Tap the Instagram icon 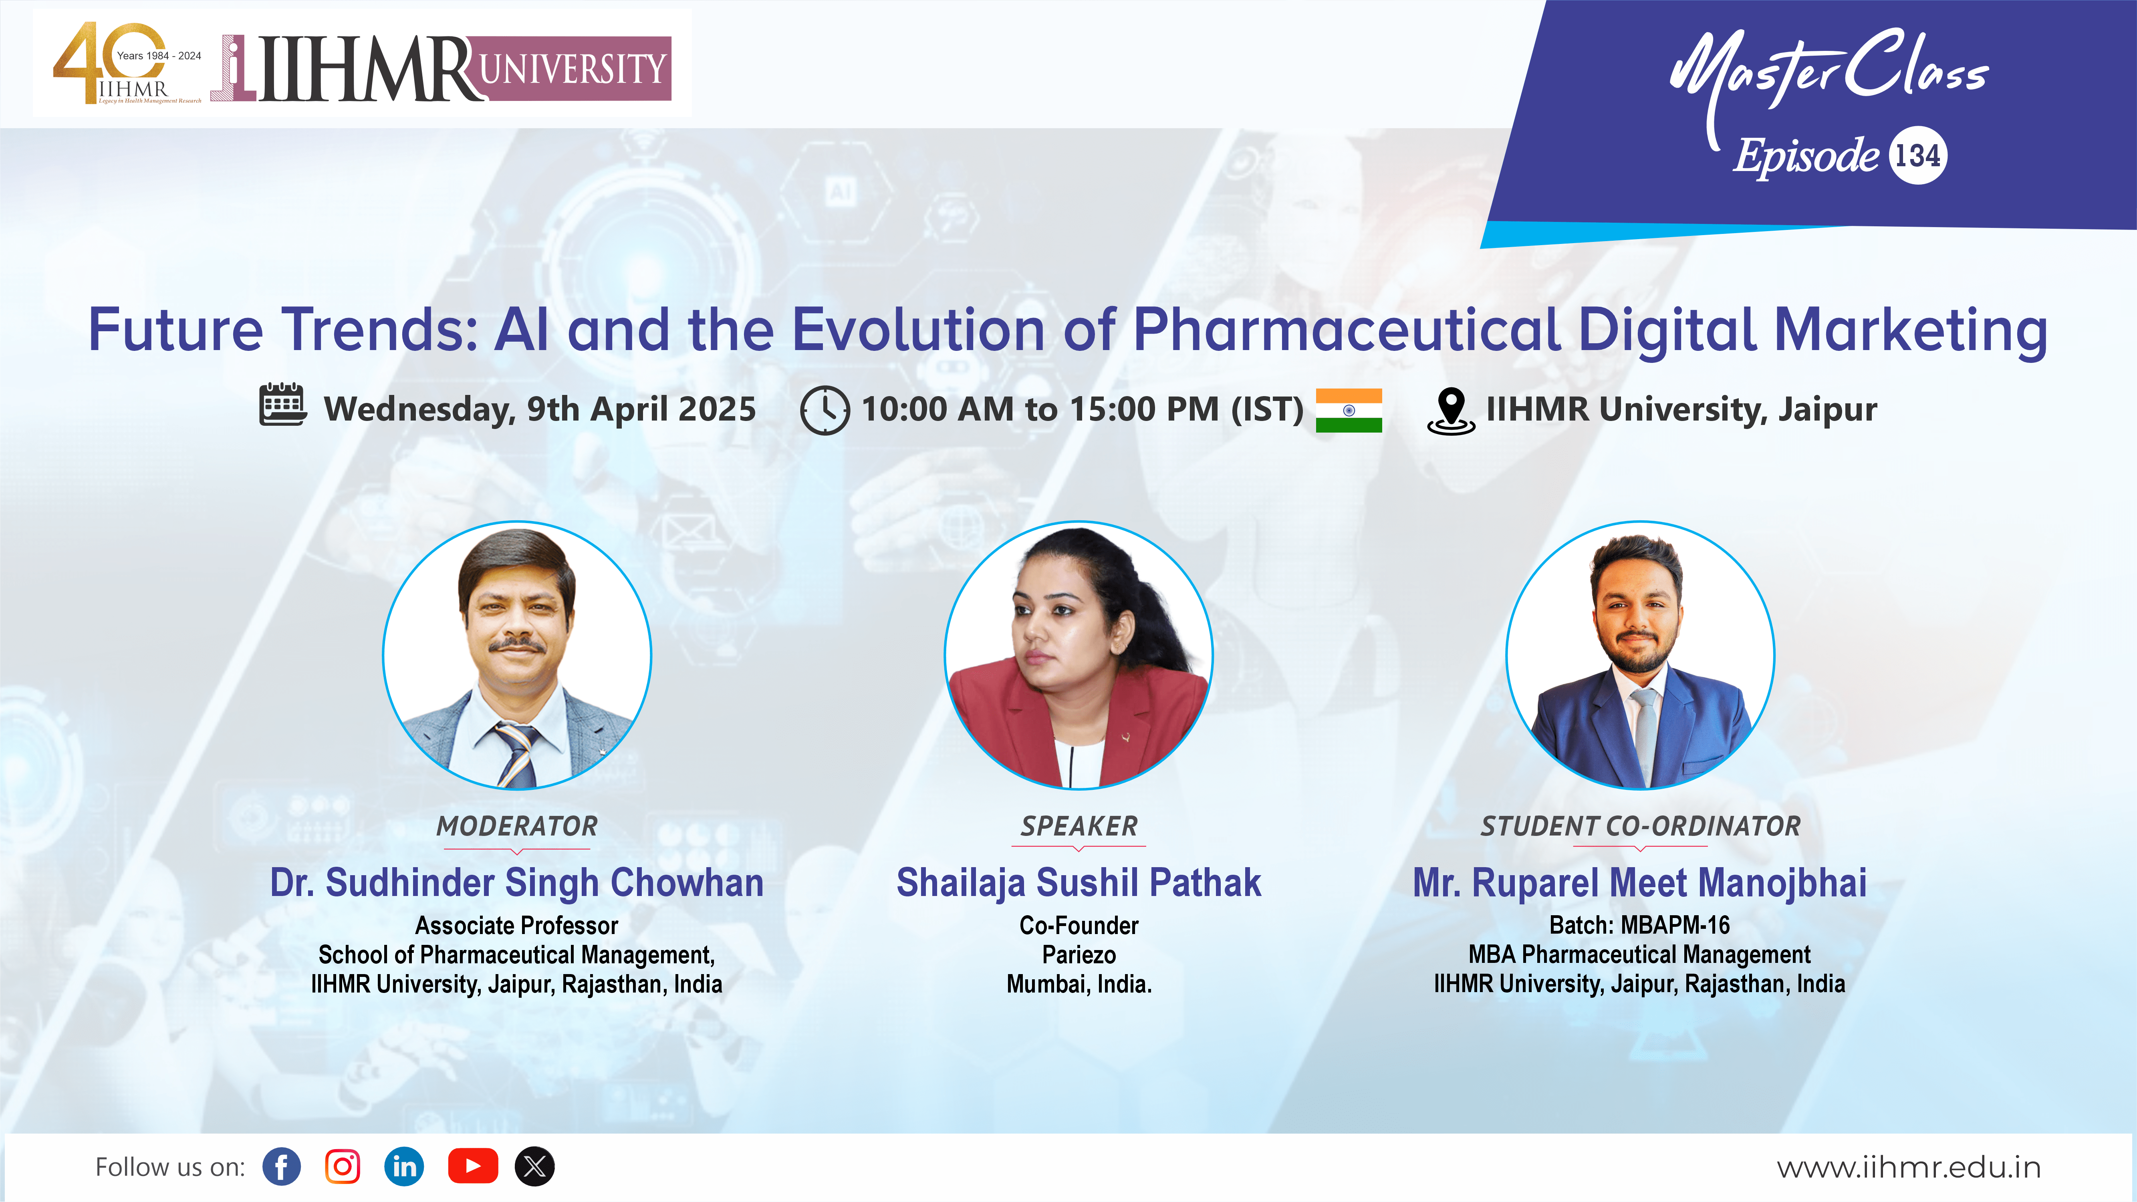point(343,1166)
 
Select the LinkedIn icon point(404,1166)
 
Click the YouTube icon point(473,1166)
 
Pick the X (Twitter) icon point(535,1166)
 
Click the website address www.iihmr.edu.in point(1908,1167)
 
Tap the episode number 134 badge point(1917,155)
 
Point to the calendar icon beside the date point(283,405)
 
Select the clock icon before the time point(825,410)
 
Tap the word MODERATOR point(517,826)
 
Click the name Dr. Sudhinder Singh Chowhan point(517,883)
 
